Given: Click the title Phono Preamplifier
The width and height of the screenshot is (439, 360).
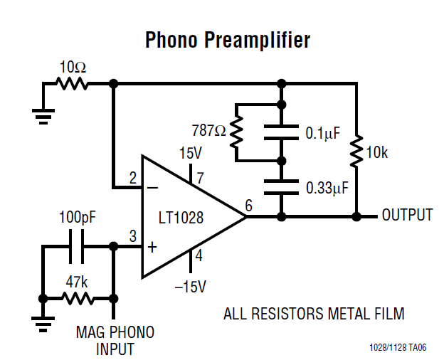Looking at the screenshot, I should [227, 40].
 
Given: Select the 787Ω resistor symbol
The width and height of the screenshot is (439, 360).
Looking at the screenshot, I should [236, 131].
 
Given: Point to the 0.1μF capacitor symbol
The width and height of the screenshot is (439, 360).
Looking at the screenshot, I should [281, 132].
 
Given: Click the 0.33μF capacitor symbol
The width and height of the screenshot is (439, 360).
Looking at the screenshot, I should [281, 187].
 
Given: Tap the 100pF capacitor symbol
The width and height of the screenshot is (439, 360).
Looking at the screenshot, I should [78, 246].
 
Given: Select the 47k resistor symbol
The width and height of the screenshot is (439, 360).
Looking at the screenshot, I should [78, 297].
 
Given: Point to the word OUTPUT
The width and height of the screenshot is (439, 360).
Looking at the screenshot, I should [407, 215].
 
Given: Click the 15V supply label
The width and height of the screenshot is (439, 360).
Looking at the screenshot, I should [191, 154].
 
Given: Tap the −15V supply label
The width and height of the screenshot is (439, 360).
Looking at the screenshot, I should [191, 286].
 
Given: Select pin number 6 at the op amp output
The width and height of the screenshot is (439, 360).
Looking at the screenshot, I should [248, 205].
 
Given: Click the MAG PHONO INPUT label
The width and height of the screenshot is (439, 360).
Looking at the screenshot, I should [115, 341].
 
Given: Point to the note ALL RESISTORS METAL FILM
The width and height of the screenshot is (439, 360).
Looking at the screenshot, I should [314, 313].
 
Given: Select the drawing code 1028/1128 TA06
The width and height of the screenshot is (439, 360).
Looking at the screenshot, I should [398, 348].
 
